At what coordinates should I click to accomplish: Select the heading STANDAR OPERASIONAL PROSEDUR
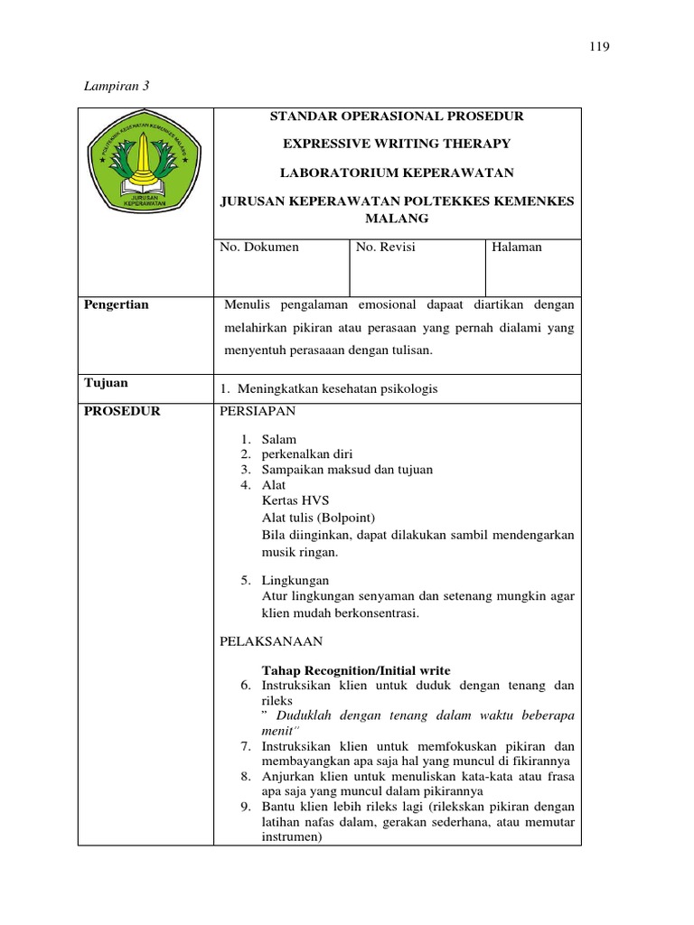[x=398, y=117]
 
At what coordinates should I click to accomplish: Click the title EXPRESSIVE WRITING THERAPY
[x=398, y=144]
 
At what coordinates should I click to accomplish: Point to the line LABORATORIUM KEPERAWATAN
[x=398, y=172]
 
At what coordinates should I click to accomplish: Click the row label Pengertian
[x=117, y=305]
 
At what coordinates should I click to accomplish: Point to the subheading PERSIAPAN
[x=258, y=411]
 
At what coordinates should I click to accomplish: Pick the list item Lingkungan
[x=295, y=580]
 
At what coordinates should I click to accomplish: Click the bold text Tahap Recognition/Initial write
[x=356, y=670]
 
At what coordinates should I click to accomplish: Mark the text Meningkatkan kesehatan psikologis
[x=337, y=388]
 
